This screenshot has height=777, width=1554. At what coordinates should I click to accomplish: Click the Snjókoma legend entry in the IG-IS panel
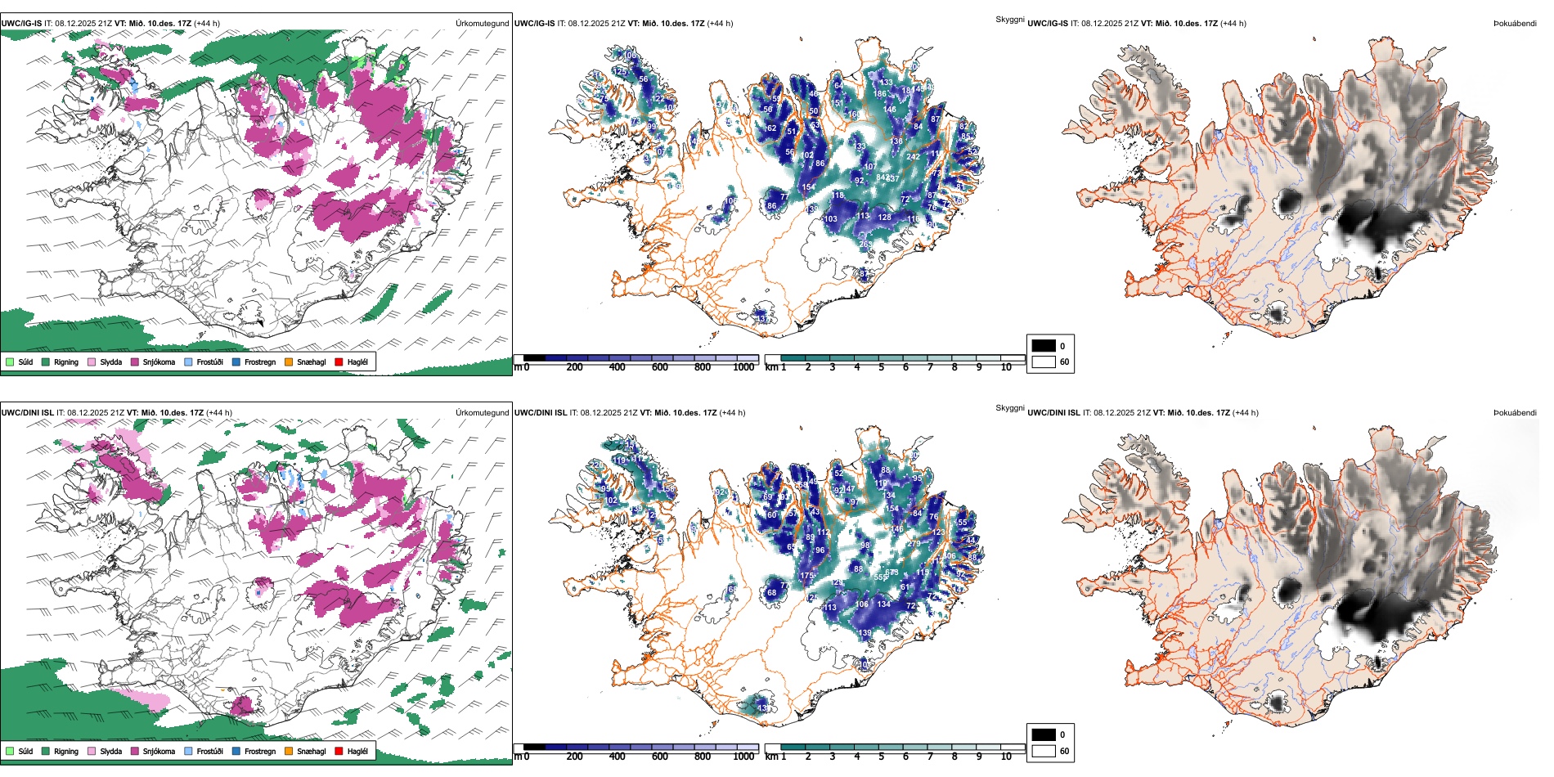coord(159,362)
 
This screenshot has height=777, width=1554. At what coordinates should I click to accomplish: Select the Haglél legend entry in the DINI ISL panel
coord(357,752)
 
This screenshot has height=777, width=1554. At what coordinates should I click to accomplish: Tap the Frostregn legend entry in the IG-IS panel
coord(259,362)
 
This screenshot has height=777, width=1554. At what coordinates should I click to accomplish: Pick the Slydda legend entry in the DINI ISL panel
coord(110,752)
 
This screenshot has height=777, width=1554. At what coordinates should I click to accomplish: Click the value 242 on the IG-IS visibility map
coord(914,156)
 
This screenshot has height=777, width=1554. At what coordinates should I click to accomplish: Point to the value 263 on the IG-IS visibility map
coord(865,244)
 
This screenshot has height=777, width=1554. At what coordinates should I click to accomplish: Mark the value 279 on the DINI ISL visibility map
coord(914,544)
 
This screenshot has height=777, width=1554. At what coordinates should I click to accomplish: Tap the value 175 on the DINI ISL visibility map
coord(806,576)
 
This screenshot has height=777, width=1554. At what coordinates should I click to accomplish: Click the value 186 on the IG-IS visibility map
coord(879,93)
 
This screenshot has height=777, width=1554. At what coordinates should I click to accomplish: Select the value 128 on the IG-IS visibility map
coord(884,217)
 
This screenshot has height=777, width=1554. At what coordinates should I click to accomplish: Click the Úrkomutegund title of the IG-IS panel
coord(482,24)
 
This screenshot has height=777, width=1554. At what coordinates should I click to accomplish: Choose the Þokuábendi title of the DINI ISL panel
coord(1515,413)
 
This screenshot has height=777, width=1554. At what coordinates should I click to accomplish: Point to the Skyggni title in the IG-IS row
coord(1009,19)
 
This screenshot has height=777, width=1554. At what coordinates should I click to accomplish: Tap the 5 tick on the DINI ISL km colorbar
coord(881,757)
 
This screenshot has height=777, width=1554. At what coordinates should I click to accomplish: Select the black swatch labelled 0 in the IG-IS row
coord(1044,346)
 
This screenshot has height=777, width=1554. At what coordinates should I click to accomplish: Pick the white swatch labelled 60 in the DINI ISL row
coord(1044,751)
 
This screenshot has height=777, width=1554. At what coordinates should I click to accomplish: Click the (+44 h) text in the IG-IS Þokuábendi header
coord(1233,24)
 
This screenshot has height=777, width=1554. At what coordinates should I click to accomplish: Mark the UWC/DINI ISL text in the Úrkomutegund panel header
coord(27,413)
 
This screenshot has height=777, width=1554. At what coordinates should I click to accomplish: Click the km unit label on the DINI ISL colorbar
coord(770,757)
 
